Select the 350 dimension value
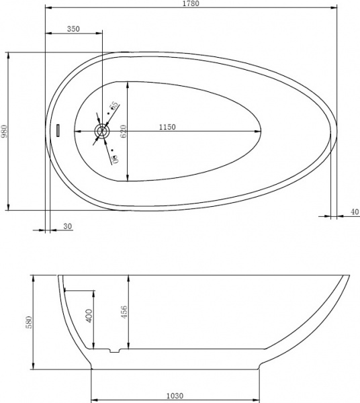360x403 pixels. pos(74,29)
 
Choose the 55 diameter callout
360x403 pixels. pos(114,105)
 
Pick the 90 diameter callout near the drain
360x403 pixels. pos(114,159)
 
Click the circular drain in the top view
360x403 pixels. pos(101,132)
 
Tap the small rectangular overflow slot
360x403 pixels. pos(58,130)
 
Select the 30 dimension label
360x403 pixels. pos(68,226)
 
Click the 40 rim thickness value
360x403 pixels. pos(354,212)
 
